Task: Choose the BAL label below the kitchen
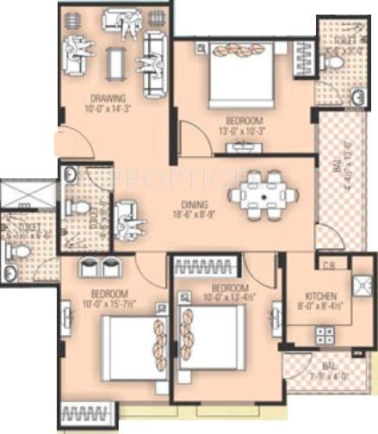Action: point(325,365)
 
